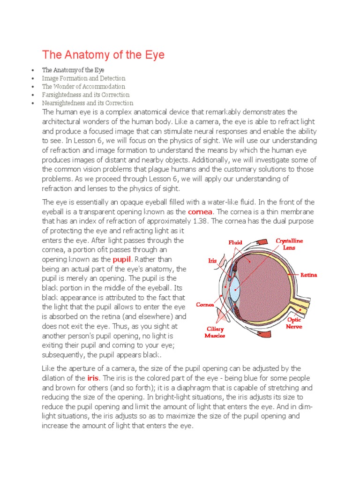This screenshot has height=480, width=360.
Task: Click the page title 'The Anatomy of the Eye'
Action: point(104,55)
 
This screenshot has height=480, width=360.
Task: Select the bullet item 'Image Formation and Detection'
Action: point(83,78)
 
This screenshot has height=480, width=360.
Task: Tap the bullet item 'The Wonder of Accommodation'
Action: point(83,87)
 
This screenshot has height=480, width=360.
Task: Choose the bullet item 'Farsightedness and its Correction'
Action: point(86,95)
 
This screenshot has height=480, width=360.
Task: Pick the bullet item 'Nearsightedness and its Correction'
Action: point(88,103)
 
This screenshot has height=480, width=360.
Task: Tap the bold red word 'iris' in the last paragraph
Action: point(93,378)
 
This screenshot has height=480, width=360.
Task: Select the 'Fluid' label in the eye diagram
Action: point(235,242)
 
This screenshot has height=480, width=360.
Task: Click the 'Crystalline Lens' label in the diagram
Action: point(289,244)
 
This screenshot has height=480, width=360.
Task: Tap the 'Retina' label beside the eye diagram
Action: point(308,275)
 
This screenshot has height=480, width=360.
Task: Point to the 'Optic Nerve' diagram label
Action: point(294,323)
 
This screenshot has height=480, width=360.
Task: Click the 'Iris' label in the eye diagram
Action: point(212,261)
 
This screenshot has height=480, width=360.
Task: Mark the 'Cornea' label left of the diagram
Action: point(205,305)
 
